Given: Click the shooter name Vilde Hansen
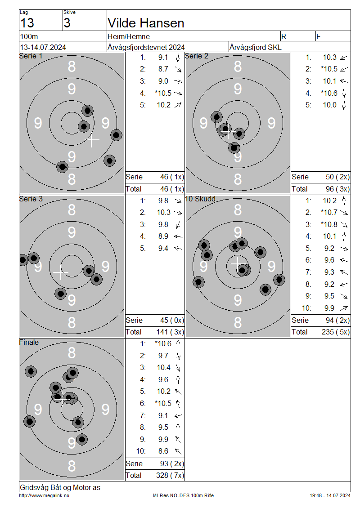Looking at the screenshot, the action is click(146, 23).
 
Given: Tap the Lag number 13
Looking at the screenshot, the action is click(27, 23).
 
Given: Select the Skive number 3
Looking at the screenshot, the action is click(67, 23).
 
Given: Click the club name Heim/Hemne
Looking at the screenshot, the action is click(129, 36).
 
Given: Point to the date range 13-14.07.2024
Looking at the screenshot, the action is click(43, 47).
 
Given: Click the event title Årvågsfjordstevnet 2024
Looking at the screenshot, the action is click(146, 47).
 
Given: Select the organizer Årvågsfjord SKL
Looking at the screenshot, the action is click(256, 47).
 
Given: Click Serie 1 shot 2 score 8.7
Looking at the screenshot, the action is click(163, 69).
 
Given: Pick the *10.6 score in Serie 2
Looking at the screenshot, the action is click(329, 93).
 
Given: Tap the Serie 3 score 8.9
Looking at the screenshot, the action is click(163, 236).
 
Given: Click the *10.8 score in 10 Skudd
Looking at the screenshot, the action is click(329, 224).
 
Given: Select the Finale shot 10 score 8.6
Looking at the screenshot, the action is click(163, 451).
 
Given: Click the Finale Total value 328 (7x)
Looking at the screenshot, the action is click(170, 475).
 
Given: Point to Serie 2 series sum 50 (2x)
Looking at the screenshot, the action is click(337, 177).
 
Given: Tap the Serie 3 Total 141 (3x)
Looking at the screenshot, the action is click(170, 332).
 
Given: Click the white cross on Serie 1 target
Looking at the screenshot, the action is click(92, 140).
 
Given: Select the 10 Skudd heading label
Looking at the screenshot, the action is click(200, 199).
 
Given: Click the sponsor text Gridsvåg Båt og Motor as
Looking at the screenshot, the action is click(60, 487).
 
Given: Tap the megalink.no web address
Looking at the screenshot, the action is click(44, 495).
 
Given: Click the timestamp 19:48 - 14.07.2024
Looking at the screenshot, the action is click(330, 495).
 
